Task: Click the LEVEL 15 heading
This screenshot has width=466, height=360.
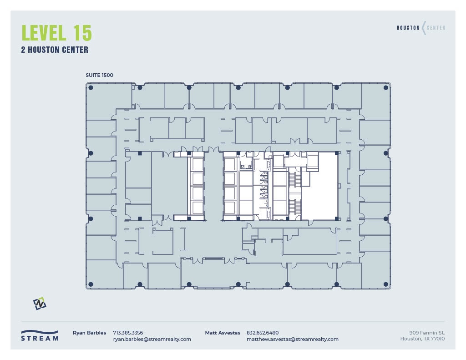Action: tap(56, 33)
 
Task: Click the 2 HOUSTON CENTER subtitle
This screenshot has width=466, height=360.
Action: tap(55, 50)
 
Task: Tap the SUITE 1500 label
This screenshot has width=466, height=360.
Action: tap(99, 75)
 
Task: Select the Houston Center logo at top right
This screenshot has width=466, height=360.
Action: tap(420, 28)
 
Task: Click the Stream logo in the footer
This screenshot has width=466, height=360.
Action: tap(40, 335)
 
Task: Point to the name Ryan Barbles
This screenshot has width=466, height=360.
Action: tap(89, 333)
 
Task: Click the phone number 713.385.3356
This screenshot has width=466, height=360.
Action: tap(128, 333)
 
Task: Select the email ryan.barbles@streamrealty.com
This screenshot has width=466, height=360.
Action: tap(152, 339)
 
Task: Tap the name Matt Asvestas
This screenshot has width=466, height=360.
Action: tap(223, 333)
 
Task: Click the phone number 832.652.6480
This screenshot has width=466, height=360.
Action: tap(263, 333)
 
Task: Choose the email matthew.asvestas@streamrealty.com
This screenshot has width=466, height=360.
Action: tap(293, 339)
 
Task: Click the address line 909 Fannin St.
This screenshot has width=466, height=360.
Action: tap(427, 333)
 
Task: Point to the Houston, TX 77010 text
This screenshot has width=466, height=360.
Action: tap(422, 339)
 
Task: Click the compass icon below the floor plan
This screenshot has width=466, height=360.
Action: tap(40, 304)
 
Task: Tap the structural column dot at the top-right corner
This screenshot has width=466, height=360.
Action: tap(386, 87)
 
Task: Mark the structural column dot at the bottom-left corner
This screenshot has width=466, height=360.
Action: tap(91, 284)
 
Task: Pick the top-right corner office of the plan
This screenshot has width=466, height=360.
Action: tap(376, 101)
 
